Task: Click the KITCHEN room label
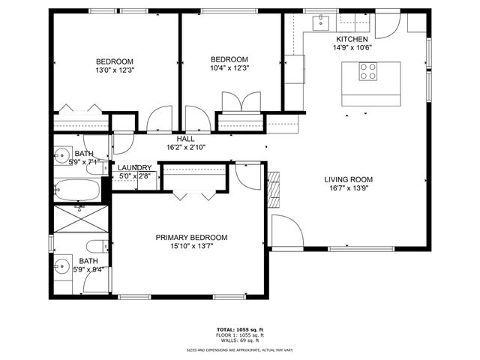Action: [352, 39]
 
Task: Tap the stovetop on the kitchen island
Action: [368, 71]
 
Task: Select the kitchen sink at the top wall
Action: [320, 20]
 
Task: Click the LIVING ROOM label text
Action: [348, 179]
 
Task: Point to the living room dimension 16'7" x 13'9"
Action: [348, 189]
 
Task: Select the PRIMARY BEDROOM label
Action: [191, 237]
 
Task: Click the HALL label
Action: [185, 139]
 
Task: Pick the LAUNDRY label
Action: [135, 168]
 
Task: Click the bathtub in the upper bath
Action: [77, 190]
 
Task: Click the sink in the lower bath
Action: [61, 265]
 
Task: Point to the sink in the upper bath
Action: [61, 156]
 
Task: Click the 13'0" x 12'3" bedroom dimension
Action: [114, 70]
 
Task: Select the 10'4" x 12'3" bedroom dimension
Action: [229, 68]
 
